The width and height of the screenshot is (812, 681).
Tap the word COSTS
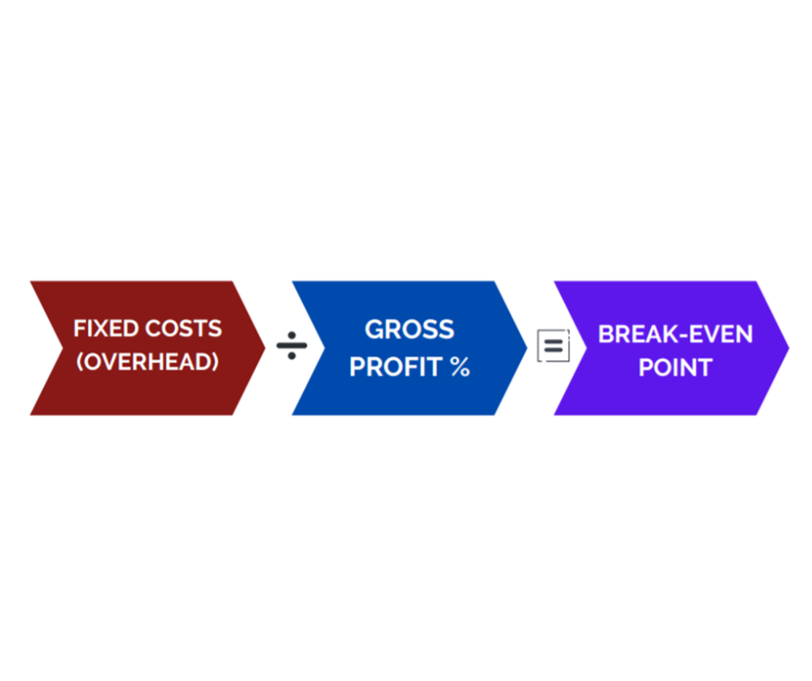[183, 328]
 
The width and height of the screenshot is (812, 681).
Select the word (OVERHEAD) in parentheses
[148, 362]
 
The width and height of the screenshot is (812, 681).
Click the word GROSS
[409, 329]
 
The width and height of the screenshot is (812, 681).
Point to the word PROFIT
[396, 367]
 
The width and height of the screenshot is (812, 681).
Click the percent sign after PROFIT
[460, 367]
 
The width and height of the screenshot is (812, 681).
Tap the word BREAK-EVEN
[676, 334]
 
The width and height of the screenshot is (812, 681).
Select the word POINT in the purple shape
[676, 368]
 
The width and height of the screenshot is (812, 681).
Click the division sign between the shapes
[292, 346]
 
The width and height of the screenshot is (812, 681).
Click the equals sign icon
[554, 345]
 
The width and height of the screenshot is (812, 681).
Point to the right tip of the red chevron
[265, 347]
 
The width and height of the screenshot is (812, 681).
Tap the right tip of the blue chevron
[527, 347]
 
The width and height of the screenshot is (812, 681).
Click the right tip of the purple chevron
[790, 347]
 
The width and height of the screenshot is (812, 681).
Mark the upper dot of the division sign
[292, 335]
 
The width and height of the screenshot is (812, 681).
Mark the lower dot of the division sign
[292, 355]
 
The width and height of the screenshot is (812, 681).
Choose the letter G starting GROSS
[374, 329]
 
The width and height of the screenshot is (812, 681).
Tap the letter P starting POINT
[646, 368]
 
